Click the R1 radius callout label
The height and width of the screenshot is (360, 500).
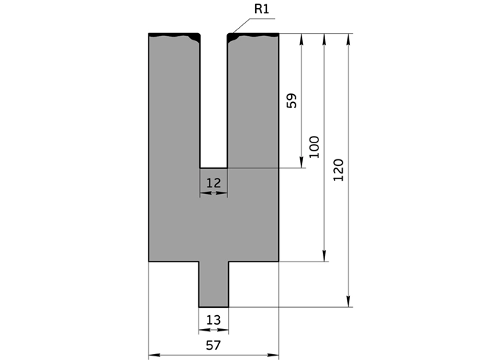pos(262,9)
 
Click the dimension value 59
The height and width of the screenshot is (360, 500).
pos(291,101)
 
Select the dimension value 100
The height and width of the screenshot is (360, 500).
pos(314,148)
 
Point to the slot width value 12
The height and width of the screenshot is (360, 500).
pos(213,181)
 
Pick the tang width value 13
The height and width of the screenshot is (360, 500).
pos(213,320)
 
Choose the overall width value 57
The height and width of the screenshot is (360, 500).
pos(213,344)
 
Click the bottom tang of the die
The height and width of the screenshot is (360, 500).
pos(214,284)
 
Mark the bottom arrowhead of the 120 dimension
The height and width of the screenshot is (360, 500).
pos(349,302)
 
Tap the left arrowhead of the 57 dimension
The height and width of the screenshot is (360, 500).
pos(154,355)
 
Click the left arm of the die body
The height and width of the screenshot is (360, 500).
pos(174,110)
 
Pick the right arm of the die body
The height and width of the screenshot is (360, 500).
pos(253,110)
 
